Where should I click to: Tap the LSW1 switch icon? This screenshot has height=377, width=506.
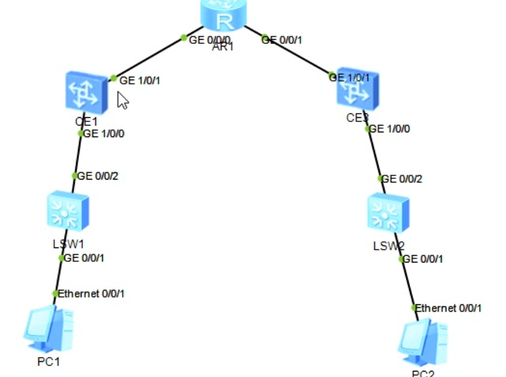click(67, 210)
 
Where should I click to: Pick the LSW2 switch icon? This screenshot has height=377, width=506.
click(387, 212)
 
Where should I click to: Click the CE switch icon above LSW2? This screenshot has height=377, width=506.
click(357, 88)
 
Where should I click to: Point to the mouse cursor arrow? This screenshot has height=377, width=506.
click(122, 101)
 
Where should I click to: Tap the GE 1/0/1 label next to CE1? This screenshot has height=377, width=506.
click(140, 80)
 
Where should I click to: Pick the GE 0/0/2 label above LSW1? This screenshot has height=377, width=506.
click(97, 176)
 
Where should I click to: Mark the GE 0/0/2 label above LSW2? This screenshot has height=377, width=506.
click(402, 179)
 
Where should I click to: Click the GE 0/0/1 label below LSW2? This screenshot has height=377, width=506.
click(423, 259)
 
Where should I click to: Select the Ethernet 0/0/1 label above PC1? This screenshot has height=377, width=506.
click(91, 293)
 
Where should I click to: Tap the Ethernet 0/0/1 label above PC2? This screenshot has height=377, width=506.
click(448, 308)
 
